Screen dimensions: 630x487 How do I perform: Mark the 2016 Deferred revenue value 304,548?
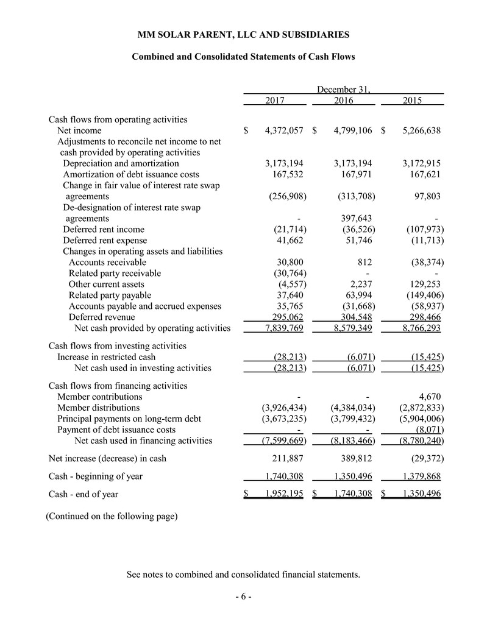tap(354, 317)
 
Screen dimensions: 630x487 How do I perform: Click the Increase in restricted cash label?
tap(106, 356)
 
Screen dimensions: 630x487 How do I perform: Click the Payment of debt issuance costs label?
tap(116, 430)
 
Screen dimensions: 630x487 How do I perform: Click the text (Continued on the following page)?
tap(112, 517)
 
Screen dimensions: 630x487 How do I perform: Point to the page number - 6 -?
tap(243, 596)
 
